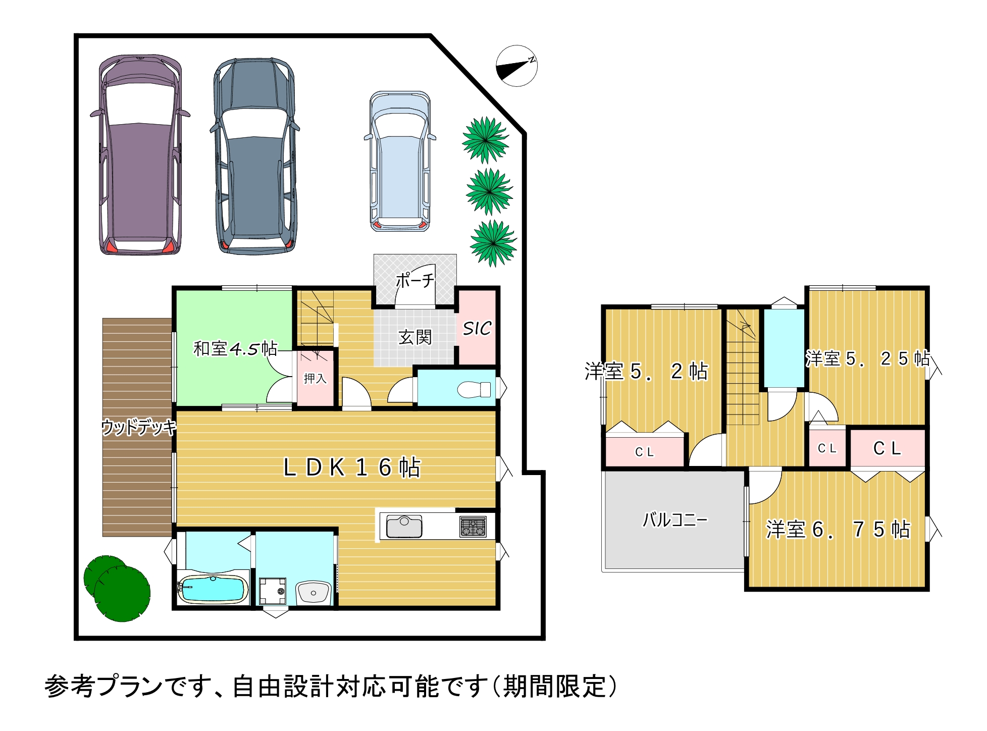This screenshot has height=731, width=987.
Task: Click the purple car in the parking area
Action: click(140, 154)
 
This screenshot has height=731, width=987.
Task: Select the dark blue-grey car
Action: click(255, 156)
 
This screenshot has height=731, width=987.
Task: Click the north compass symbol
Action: click(516, 66)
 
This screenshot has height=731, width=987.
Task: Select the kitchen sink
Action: click(404, 526)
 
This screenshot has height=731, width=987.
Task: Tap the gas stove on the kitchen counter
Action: click(473, 527)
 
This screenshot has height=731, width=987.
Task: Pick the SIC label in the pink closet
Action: click(477, 329)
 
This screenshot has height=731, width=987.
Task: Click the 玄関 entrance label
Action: click(415, 337)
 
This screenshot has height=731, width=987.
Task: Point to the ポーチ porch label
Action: click(414, 280)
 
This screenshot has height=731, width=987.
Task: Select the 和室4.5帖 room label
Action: click(235, 348)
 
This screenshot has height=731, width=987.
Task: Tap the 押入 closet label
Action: click(315, 378)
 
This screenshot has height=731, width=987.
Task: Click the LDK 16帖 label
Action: click(352, 467)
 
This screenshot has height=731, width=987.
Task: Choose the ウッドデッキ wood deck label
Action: click(139, 427)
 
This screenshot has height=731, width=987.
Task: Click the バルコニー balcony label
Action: click(675, 519)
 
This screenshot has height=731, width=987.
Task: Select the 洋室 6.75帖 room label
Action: click(838, 530)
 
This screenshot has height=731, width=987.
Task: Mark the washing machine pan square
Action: click(273, 591)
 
